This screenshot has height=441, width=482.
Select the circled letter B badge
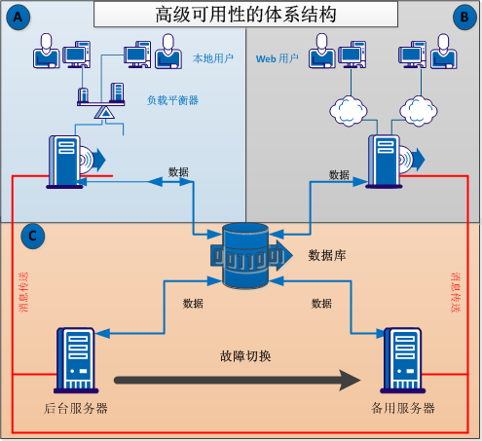(463, 17)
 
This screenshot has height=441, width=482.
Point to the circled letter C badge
(32, 235)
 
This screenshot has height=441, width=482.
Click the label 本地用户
(213, 58)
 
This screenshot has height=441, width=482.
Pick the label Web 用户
(277, 58)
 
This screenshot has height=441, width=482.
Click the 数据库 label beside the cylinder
(326, 256)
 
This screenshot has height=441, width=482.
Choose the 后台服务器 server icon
(75, 360)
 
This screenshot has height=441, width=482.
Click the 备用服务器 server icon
(402, 360)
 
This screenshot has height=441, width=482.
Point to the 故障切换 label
(244, 355)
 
